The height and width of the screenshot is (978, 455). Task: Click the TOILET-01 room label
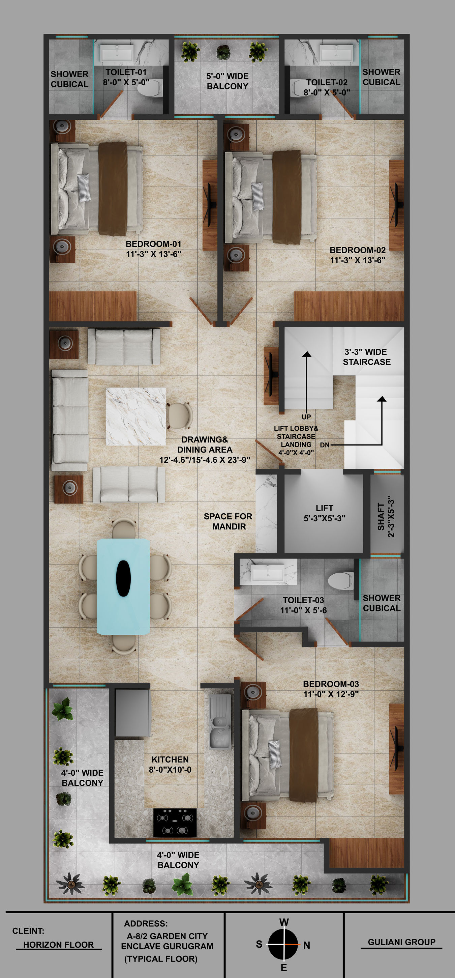126,72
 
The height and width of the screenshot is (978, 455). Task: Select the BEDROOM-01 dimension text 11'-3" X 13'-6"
154,254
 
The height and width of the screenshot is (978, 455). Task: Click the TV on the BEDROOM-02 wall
396,205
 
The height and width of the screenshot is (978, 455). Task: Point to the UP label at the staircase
306,417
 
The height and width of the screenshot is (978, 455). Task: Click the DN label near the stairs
325,445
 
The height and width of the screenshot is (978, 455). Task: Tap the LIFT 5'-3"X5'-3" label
325,513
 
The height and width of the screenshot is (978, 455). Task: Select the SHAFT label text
381,516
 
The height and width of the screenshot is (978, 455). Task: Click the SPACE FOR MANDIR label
228,521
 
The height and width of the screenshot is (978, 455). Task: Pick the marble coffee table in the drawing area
135,416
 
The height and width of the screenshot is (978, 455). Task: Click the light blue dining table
123,586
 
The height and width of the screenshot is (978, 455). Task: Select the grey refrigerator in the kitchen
132,713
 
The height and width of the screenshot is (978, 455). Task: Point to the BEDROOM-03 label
331,684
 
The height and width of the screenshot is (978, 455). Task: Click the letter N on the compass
307,945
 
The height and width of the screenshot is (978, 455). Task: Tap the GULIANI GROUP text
401,942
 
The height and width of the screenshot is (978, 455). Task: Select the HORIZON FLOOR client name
58,945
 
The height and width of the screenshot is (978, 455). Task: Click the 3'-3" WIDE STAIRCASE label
367,357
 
